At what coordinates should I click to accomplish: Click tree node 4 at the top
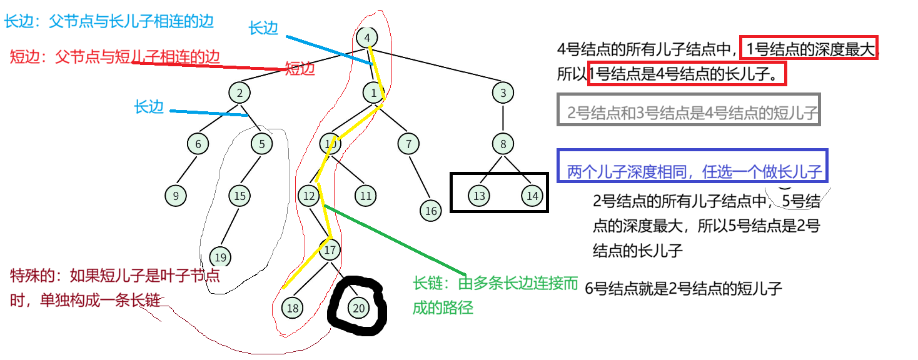point(367,38)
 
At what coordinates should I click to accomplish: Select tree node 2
point(240,93)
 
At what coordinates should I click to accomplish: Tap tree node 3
point(503,93)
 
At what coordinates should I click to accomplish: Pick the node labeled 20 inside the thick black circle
point(359,307)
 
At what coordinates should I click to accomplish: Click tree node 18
point(292,307)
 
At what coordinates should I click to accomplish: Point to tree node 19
point(219,257)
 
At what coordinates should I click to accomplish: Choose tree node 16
point(431,211)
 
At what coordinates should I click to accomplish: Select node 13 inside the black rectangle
point(479,196)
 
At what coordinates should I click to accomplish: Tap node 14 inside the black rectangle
point(532,196)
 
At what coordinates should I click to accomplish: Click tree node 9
point(176,196)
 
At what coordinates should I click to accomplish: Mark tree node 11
point(366,196)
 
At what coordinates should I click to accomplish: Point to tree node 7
point(408,144)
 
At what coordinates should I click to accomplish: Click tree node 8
point(503,144)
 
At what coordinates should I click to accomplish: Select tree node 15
point(240,196)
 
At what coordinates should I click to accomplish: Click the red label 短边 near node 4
point(300,68)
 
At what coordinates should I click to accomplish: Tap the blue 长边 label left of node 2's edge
point(149,107)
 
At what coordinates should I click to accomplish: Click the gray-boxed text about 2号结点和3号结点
point(688,113)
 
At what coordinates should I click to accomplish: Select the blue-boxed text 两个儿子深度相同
point(693,171)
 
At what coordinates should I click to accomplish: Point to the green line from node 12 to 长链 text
point(394,240)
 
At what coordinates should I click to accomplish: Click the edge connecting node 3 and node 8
point(503,119)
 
